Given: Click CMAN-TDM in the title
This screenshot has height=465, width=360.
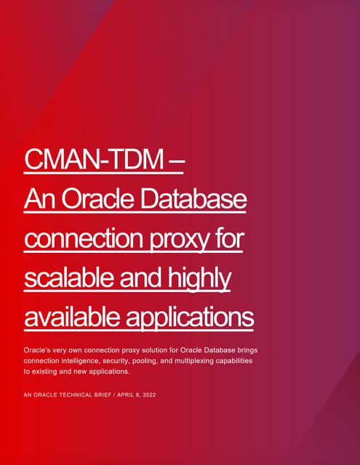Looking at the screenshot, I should pos(94,158).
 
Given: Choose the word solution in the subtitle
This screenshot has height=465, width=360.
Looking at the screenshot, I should pos(151,350).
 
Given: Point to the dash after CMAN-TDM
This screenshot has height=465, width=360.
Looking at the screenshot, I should pos(177,158).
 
